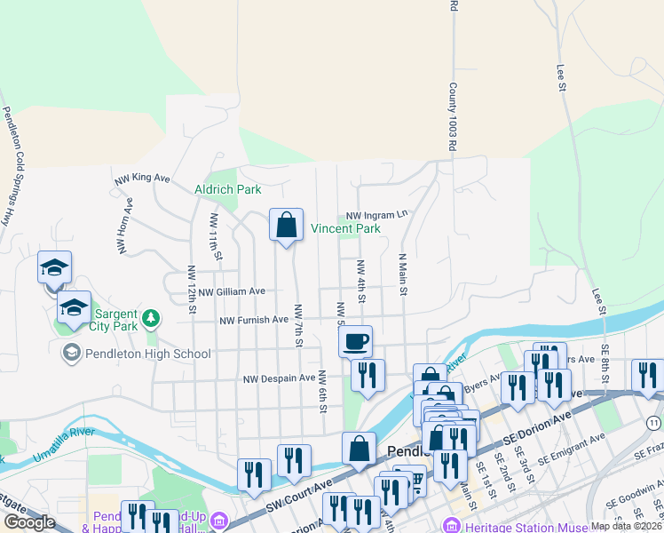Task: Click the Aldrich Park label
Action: (x=228, y=189)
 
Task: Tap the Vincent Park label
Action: (x=345, y=228)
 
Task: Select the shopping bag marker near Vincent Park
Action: (x=287, y=227)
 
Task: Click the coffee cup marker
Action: (x=355, y=341)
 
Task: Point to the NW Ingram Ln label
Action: (x=376, y=215)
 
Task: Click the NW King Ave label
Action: (x=142, y=179)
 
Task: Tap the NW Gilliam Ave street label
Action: (x=232, y=291)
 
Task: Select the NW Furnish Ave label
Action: (x=254, y=320)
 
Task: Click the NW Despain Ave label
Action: (x=280, y=378)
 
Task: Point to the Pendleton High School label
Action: (x=148, y=354)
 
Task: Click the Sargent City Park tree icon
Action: (x=151, y=317)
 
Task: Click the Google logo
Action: (x=29, y=522)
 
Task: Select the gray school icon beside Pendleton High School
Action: (x=71, y=354)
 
